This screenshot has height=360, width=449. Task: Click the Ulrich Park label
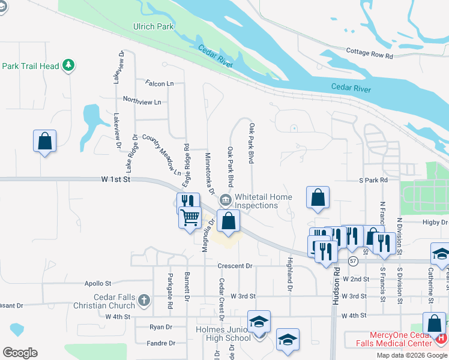coord(153,26)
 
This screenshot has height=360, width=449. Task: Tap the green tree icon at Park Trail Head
coord(68,65)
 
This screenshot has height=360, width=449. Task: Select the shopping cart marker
coord(190,217)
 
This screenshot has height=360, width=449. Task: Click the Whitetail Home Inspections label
coord(263,201)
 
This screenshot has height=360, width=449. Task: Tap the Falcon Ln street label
coord(159,83)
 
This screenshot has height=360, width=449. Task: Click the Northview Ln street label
coord(142,101)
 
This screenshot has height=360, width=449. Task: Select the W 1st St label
coord(116,179)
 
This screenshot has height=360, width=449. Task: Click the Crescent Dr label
coord(235,266)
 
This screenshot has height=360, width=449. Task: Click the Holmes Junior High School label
coord(223,334)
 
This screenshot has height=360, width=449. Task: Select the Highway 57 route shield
coord(353,261)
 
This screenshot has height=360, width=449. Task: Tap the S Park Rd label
coord(373,180)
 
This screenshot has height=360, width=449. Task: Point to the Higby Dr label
coord(435,221)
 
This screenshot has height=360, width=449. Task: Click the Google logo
coord(20,353)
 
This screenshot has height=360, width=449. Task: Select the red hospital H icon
coord(442,338)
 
